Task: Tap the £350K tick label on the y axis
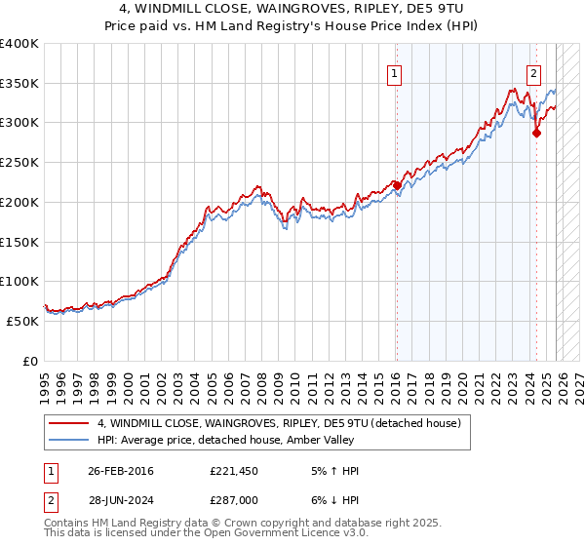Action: [x=19, y=84]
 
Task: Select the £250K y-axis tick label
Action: [x=19, y=163]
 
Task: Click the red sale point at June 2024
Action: [x=536, y=134]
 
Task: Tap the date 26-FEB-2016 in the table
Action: [x=121, y=471]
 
